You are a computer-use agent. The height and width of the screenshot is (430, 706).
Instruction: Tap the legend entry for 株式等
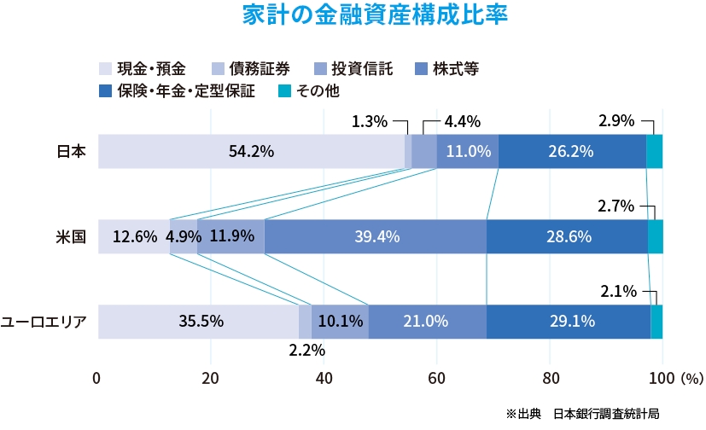pos(448,69)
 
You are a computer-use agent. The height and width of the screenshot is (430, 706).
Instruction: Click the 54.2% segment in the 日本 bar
pos(251,152)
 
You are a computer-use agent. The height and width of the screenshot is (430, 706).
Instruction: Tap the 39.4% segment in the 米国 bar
pos(376,236)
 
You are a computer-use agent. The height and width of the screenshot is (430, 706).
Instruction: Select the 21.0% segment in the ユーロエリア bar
pos(427,322)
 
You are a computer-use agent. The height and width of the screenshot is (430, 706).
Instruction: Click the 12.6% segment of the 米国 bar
pos(134,236)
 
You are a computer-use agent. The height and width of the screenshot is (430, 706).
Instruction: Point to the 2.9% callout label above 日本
pos(616,121)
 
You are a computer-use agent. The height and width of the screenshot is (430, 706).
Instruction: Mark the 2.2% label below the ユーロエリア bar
pos(306,350)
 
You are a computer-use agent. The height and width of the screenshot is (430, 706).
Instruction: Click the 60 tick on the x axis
pos(437,377)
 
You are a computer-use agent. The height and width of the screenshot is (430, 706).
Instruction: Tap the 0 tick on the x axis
pos(97,377)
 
